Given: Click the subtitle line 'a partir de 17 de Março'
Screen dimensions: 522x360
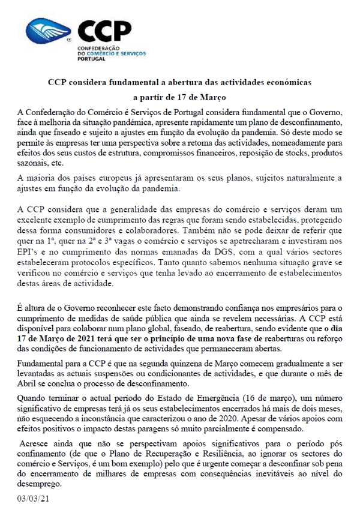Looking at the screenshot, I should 179,95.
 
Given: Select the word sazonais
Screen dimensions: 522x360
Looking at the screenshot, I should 34,147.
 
